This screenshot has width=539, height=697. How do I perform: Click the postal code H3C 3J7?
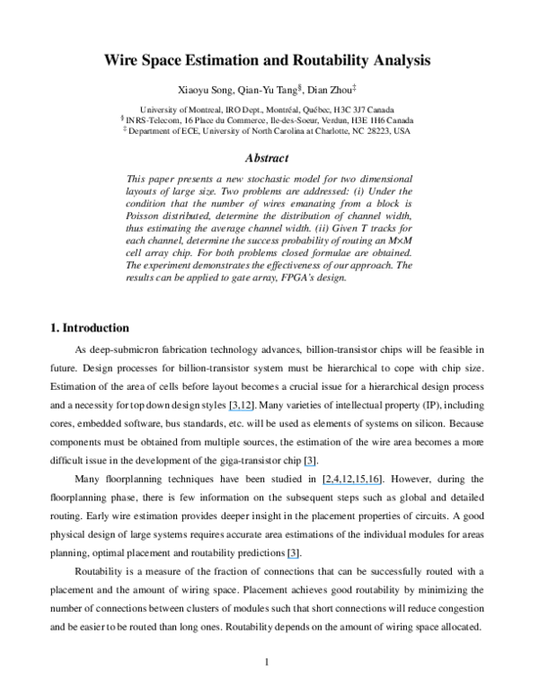point(348,108)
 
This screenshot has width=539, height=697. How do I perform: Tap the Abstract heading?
point(269,157)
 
